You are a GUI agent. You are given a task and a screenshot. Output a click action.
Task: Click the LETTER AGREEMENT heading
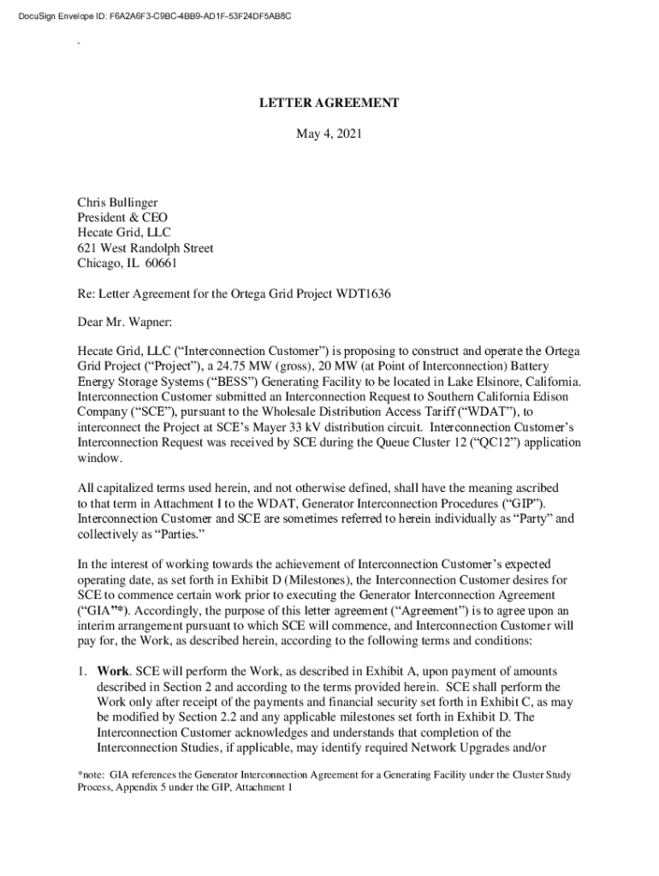tap(329, 103)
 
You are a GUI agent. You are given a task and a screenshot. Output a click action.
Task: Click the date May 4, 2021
tap(329, 134)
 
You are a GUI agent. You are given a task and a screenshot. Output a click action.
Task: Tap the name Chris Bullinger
tap(117, 203)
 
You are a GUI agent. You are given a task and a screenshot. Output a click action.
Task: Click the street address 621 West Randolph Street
tap(145, 249)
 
